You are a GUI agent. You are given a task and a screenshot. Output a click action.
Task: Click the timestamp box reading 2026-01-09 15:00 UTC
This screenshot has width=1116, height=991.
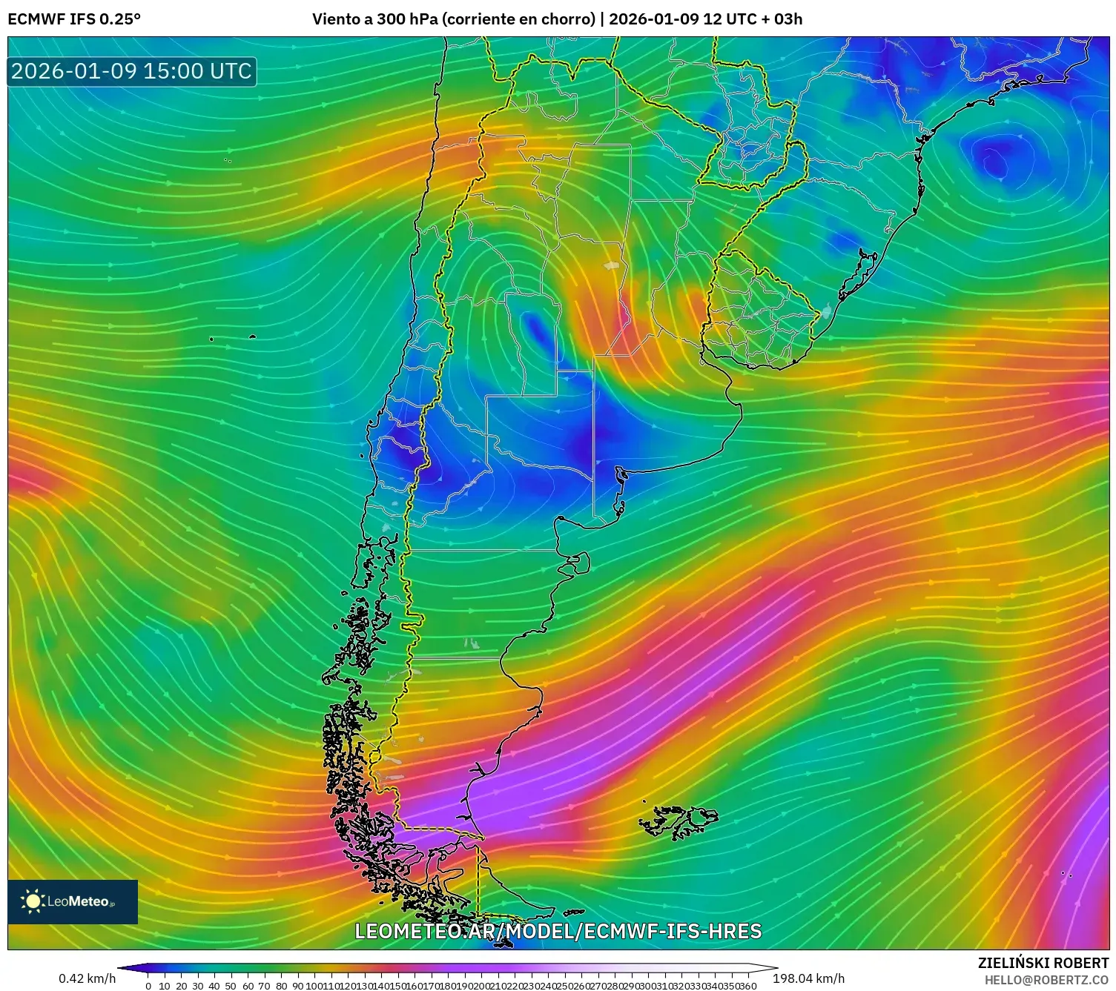click(131, 71)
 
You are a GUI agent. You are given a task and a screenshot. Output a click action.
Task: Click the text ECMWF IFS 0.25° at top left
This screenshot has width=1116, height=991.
click(74, 19)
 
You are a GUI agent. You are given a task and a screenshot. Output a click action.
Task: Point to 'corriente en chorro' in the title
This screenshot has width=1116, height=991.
click(519, 19)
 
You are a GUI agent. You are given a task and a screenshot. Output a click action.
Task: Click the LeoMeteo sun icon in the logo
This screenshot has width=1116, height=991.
click(33, 901)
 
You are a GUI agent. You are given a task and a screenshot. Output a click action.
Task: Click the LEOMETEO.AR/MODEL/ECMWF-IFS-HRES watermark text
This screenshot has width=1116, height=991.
click(558, 931)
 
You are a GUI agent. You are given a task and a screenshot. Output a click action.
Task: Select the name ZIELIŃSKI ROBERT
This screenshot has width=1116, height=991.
click(1043, 963)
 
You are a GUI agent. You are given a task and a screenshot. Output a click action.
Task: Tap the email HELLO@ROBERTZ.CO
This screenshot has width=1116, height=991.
click(1046, 980)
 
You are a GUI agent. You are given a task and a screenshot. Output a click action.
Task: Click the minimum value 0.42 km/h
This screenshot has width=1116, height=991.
click(87, 978)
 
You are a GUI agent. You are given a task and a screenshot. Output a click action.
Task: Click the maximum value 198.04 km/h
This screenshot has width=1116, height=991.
click(808, 978)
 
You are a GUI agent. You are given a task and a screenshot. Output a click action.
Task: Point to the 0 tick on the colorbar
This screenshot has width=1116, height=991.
click(148, 986)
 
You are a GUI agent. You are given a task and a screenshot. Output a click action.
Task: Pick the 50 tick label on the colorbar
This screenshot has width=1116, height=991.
click(231, 986)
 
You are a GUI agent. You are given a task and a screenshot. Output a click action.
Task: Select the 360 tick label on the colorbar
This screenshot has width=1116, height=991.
click(747, 986)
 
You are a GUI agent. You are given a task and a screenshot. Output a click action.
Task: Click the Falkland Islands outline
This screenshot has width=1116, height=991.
click(678, 821)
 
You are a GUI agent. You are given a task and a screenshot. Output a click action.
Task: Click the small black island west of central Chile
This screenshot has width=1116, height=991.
click(252, 337)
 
